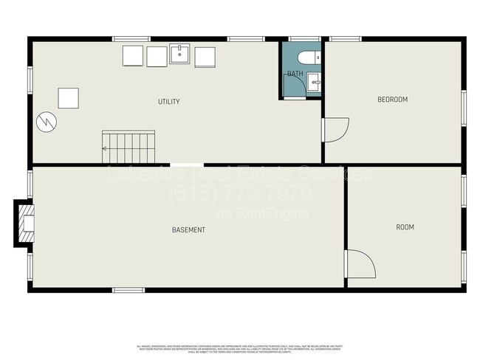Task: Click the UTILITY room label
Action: click(x=168, y=102)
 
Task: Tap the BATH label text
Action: click(x=295, y=74)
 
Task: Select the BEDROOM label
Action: click(x=392, y=100)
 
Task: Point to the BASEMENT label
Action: click(x=188, y=230)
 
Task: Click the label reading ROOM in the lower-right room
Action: click(x=405, y=227)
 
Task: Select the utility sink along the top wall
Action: click(x=180, y=55)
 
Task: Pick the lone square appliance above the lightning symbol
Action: click(x=68, y=98)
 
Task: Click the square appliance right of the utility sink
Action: click(x=205, y=57)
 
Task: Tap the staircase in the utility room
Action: click(x=129, y=147)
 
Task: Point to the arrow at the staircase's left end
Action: click(x=105, y=148)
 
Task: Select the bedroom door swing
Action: click(x=335, y=130)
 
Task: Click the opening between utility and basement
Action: click(x=187, y=165)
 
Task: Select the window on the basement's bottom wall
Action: click(x=128, y=290)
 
